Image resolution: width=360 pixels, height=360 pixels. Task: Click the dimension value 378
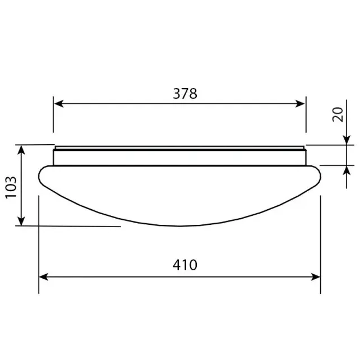click(x=185, y=94)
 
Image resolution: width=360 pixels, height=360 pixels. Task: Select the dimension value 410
click(x=185, y=265)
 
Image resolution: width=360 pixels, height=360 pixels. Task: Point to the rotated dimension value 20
click(x=338, y=115)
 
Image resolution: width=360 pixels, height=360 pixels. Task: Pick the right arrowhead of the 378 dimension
click(x=301, y=104)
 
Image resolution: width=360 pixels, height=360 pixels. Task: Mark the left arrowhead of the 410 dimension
click(x=43, y=276)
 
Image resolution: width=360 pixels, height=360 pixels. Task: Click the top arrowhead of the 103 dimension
click(x=22, y=149)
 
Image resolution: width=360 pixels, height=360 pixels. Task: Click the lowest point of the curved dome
click(x=179, y=225)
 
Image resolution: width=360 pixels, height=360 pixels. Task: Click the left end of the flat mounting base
click(x=54, y=155)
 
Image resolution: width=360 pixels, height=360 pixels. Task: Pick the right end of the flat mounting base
click(x=305, y=155)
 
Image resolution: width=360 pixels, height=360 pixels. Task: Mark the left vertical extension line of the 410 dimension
click(x=39, y=247)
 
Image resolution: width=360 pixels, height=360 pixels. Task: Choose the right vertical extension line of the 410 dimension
click(x=321, y=247)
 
